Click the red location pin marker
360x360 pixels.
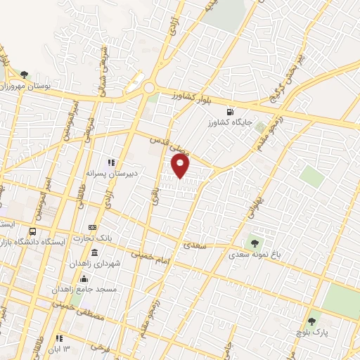click(x=181, y=166)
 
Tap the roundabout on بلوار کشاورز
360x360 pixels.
click(x=150, y=89)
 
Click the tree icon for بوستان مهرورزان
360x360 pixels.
click(x=25, y=74)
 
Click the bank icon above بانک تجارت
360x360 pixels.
click(x=92, y=228)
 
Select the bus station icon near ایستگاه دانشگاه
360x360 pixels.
click(x=32, y=231)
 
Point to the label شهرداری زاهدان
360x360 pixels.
click(x=86, y=262)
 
